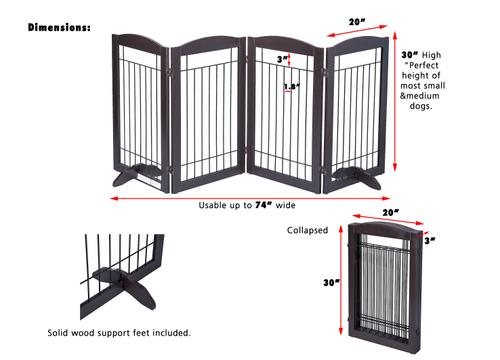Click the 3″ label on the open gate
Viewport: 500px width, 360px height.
pos(284,58)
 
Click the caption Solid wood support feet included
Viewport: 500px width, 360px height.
pos(134,332)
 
